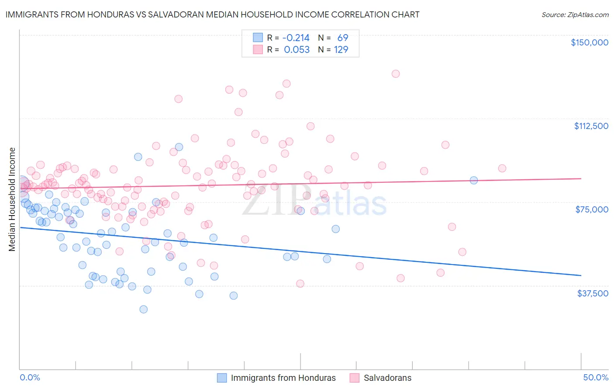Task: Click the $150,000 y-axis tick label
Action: (589, 42)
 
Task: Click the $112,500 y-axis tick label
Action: (591, 126)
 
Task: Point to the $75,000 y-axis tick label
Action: (592, 209)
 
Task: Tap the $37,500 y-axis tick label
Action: (593, 293)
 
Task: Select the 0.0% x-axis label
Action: (30, 377)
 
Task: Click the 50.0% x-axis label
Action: (596, 377)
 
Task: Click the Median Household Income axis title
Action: (12, 199)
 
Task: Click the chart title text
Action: (212, 15)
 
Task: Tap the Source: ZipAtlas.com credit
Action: (575, 15)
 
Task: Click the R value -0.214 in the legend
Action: (296, 38)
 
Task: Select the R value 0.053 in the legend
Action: (297, 50)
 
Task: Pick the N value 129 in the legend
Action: (341, 50)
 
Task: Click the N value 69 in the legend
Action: (343, 38)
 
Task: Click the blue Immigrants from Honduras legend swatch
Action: (222, 378)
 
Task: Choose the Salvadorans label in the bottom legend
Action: (387, 378)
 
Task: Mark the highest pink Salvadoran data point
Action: (396, 74)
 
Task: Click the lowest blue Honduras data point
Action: (143, 309)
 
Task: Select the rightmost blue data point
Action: (474, 180)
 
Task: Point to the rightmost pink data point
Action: (502, 168)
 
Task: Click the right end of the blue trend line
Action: (581, 275)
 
